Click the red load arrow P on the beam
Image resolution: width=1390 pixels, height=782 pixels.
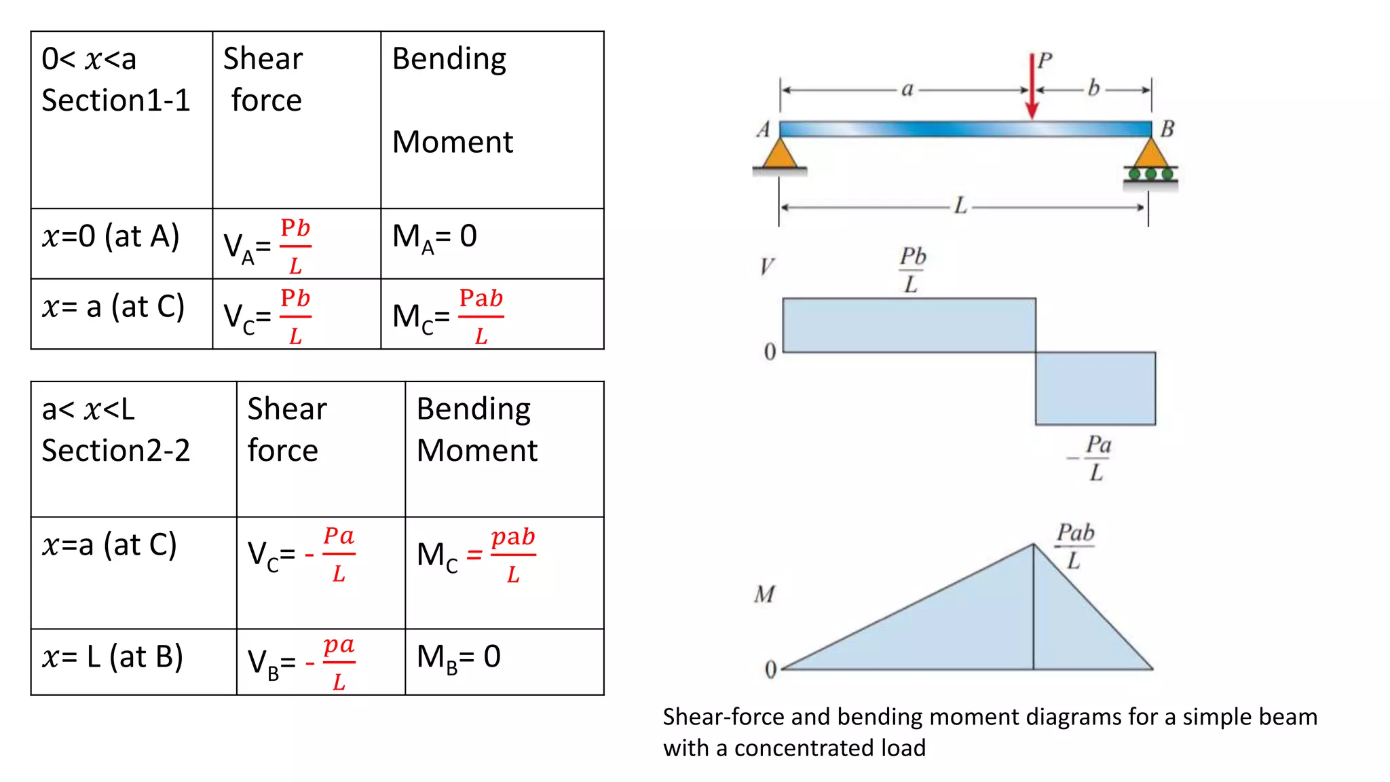click(x=1032, y=88)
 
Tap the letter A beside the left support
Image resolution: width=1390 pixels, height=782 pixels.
click(x=764, y=129)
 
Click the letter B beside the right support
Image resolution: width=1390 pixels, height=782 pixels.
click(x=1167, y=129)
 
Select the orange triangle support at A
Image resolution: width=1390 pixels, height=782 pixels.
click(x=780, y=155)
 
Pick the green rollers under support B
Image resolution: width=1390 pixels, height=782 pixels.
click(x=1151, y=174)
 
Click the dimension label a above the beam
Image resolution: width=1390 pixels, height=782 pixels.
click(x=907, y=89)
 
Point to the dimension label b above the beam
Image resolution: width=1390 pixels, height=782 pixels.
click(x=1093, y=88)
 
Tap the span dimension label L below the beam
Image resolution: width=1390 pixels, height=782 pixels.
click(x=960, y=206)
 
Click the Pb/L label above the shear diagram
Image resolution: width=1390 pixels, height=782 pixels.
click(x=912, y=269)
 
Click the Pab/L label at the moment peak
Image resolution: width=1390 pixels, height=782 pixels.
click(x=1075, y=546)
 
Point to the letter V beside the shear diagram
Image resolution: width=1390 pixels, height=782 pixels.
click(x=767, y=266)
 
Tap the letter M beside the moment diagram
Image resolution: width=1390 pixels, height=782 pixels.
click(x=765, y=595)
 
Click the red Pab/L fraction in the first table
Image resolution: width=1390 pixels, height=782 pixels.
click(x=481, y=316)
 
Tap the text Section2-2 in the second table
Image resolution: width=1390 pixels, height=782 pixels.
click(x=116, y=451)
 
